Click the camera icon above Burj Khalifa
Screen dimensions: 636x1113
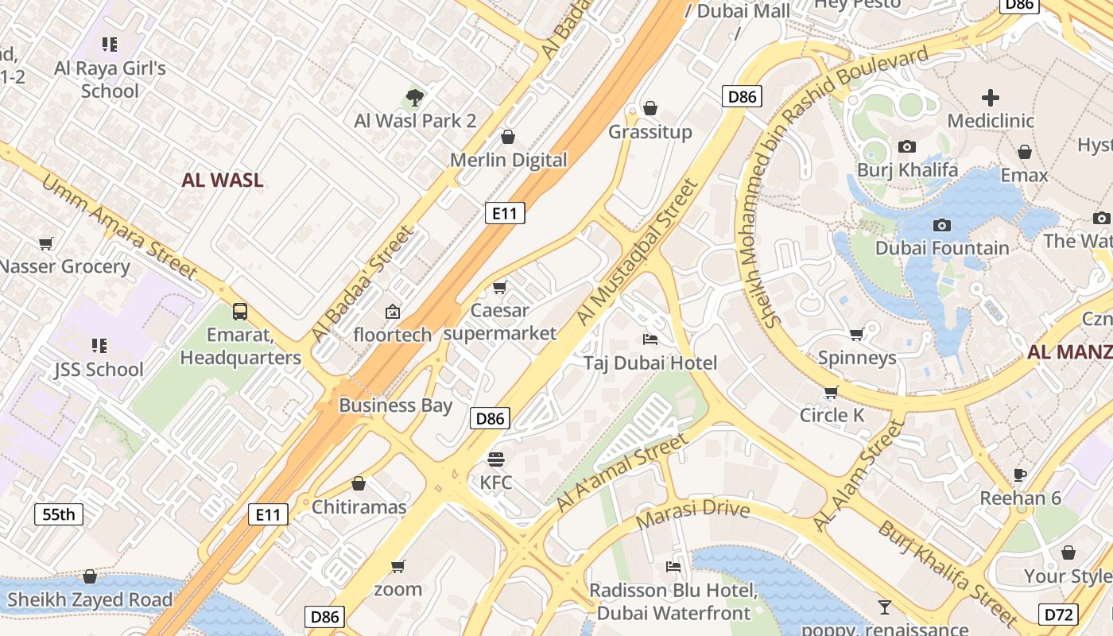tap(906, 146)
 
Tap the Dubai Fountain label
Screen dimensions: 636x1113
tap(942, 248)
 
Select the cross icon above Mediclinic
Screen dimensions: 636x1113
tap(990, 98)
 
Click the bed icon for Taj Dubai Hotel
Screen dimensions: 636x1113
tap(650, 339)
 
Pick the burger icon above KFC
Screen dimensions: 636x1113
tap(495, 459)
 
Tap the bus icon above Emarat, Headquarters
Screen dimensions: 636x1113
tap(239, 311)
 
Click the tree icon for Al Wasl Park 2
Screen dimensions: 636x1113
tap(414, 98)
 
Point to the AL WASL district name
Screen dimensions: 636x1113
tap(222, 180)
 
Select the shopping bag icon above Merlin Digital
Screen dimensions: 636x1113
tap(508, 137)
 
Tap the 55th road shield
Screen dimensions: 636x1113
tap(58, 514)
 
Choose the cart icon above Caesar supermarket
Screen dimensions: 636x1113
tap(499, 287)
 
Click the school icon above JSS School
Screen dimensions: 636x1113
tap(99, 346)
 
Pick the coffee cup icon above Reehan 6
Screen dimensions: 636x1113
tap(1020, 475)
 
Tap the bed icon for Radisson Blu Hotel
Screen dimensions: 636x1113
tap(673, 567)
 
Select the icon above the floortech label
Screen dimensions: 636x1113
tap(392, 312)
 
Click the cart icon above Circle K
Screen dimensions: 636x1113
tap(831, 392)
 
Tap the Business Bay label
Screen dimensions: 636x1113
tap(395, 405)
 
